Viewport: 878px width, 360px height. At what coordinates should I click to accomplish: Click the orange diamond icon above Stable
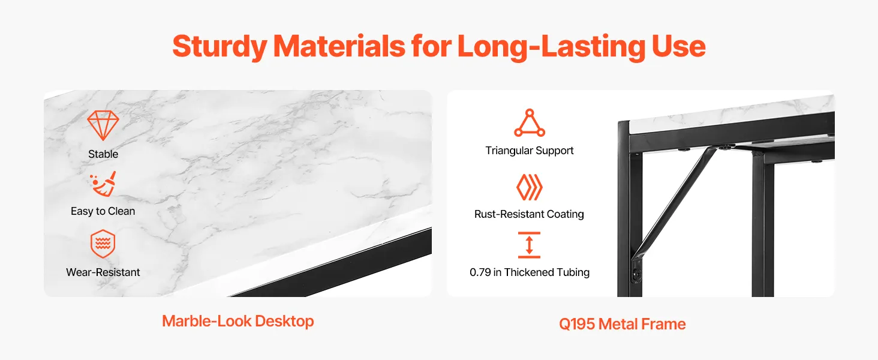point(103,125)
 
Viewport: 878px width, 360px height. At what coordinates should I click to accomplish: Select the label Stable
point(103,154)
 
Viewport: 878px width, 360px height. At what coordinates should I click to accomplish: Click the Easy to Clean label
point(103,211)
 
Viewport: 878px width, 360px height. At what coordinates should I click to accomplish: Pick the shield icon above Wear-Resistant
point(103,244)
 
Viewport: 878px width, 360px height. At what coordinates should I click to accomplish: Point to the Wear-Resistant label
point(103,272)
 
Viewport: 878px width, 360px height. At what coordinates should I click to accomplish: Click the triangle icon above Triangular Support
point(530,123)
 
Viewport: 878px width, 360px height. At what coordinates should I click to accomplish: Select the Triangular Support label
point(530,151)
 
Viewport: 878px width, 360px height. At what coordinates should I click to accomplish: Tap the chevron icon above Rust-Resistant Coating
point(530,187)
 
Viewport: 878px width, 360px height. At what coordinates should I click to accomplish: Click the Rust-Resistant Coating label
point(529,214)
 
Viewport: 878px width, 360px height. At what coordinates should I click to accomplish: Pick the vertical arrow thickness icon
point(529,245)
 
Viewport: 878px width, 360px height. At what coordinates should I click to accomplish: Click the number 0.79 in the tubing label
point(480,272)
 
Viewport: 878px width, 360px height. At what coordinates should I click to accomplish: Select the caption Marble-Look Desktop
point(238,321)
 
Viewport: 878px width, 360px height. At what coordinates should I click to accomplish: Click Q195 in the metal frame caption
point(577,325)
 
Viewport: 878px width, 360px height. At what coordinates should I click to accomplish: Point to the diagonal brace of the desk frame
point(673,202)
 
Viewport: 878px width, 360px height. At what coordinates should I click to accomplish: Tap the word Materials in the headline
point(339,46)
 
